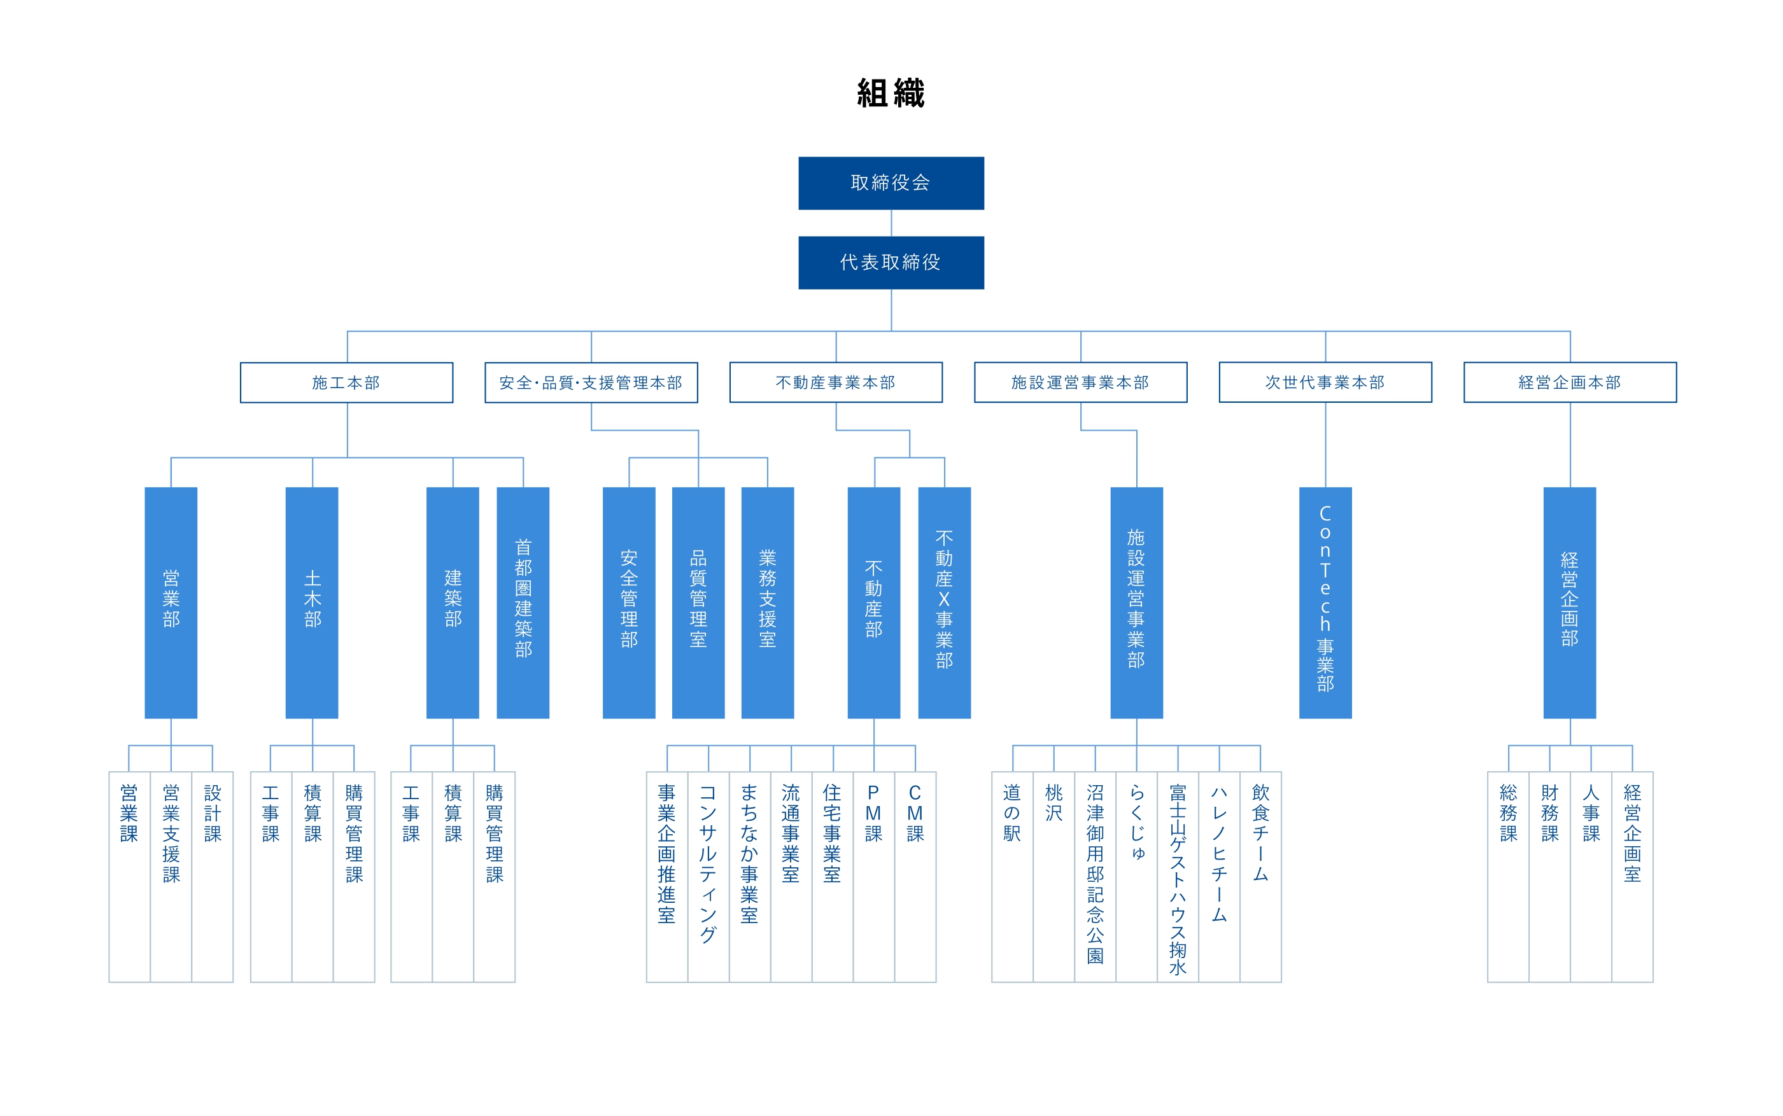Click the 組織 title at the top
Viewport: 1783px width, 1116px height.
pyautogui.click(x=891, y=94)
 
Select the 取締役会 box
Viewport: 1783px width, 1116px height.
pyautogui.click(x=891, y=183)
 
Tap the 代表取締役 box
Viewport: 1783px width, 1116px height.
pyautogui.click(x=891, y=263)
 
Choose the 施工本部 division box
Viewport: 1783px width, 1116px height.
pyautogui.click(x=346, y=382)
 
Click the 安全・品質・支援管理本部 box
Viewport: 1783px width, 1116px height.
pyautogui.click(x=591, y=382)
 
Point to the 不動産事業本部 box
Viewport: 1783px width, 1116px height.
pyautogui.click(x=836, y=382)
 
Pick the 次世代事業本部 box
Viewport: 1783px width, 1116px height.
pyautogui.click(x=1325, y=382)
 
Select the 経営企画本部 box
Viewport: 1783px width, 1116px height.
pyautogui.click(x=1570, y=382)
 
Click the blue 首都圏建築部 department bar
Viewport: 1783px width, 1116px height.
pyautogui.click(x=523, y=603)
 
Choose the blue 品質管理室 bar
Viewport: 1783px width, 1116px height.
pyautogui.click(x=698, y=603)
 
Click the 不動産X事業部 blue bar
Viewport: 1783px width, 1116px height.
pyautogui.click(x=944, y=603)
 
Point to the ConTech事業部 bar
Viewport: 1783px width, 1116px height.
pyautogui.click(x=1325, y=603)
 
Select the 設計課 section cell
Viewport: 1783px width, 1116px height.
pyautogui.click(x=213, y=877)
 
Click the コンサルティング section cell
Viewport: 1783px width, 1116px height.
pyautogui.click(x=708, y=877)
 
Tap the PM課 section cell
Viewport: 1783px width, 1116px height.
pyautogui.click(x=874, y=877)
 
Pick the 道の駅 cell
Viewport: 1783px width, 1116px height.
pyautogui.click(x=1012, y=877)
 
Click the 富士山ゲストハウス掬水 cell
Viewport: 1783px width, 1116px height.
pyautogui.click(x=1178, y=877)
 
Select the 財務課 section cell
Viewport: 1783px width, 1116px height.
pyautogui.click(x=1549, y=877)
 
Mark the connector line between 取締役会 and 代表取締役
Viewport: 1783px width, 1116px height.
pyautogui.click(x=891, y=223)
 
